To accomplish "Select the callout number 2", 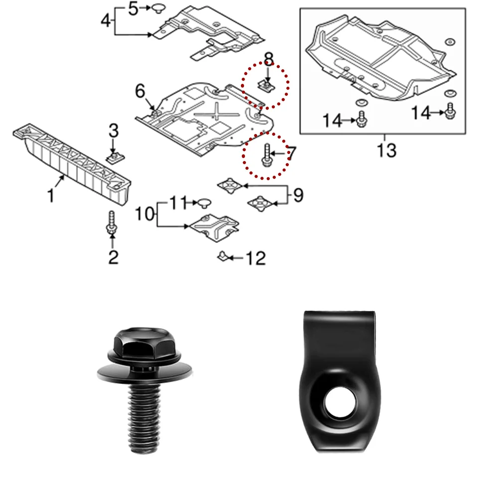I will click(113, 257).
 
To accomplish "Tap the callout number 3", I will click(114, 131).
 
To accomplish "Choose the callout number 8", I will click(268, 60).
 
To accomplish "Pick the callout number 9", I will click(297, 195).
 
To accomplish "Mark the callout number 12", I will click(256, 258).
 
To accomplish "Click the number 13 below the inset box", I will click(386, 149).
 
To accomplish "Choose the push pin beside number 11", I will click(204, 202).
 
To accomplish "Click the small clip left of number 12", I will click(222, 256).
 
